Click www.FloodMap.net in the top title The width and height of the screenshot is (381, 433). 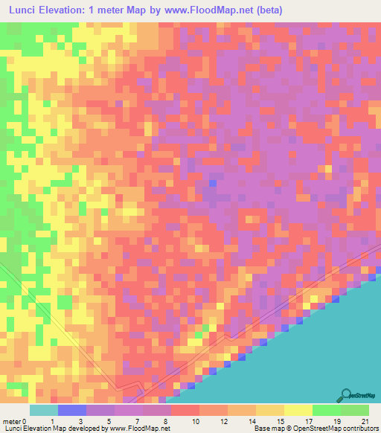coord(202,10)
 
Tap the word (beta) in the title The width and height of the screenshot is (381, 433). coord(265,10)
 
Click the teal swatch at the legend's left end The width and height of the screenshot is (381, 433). coord(44,410)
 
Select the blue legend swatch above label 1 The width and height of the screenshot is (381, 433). coord(72,410)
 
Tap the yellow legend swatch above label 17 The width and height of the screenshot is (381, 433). coord(298,410)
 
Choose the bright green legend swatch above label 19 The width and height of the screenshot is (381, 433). coord(326,410)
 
